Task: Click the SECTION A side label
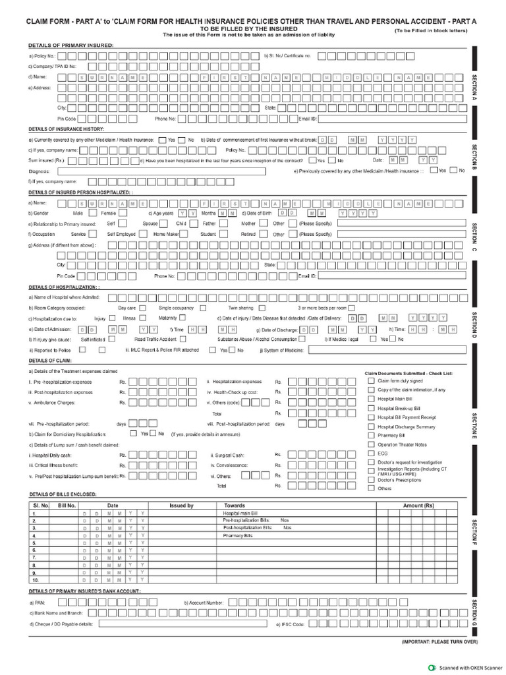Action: click(x=474, y=86)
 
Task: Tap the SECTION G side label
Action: click(x=474, y=612)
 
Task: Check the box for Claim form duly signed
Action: click(x=372, y=381)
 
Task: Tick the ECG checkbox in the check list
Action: click(x=372, y=454)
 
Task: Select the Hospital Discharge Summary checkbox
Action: click(x=372, y=426)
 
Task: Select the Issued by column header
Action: click(x=181, y=506)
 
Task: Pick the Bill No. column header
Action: click(x=67, y=506)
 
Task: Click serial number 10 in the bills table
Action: click(x=35, y=580)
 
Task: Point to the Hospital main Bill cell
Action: click(x=240, y=513)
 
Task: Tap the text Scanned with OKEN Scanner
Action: click(x=470, y=667)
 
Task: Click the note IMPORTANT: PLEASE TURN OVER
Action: click(x=439, y=641)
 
